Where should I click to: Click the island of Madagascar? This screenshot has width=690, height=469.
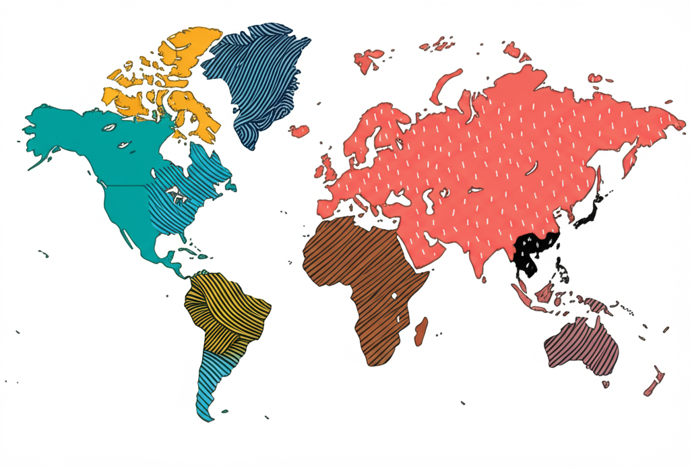(420, 332)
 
